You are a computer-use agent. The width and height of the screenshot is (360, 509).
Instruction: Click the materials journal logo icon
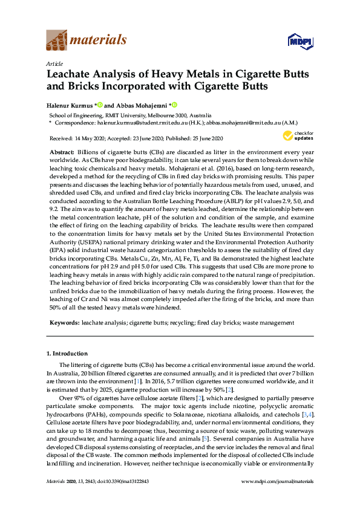point(56,41)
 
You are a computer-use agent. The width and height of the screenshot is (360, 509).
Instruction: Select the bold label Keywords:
point(64,323)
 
